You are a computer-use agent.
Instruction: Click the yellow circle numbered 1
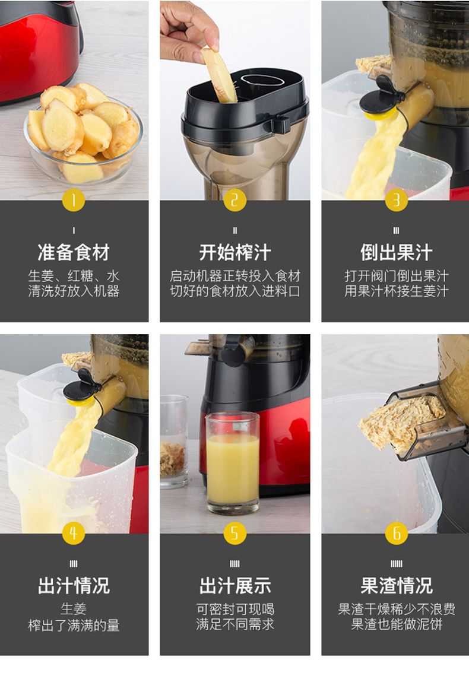73,200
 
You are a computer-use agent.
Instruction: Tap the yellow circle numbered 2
235,200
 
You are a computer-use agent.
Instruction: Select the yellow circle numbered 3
396,200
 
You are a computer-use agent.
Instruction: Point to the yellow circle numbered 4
73,533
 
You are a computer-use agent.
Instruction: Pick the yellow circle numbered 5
235,533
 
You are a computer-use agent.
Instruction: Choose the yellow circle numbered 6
396,533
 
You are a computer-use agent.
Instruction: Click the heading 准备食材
73,252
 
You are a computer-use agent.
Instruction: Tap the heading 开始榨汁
235,252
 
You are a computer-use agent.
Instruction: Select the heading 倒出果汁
396,252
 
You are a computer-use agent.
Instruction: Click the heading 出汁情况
73,586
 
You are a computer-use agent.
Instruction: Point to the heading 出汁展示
235,586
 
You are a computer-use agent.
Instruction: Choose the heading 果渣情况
396,586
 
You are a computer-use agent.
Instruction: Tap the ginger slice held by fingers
220,75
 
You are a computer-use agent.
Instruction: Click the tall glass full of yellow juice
232,463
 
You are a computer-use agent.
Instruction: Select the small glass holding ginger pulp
174,442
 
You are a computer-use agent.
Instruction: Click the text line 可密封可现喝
235,609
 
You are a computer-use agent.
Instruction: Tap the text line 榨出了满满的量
73,625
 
